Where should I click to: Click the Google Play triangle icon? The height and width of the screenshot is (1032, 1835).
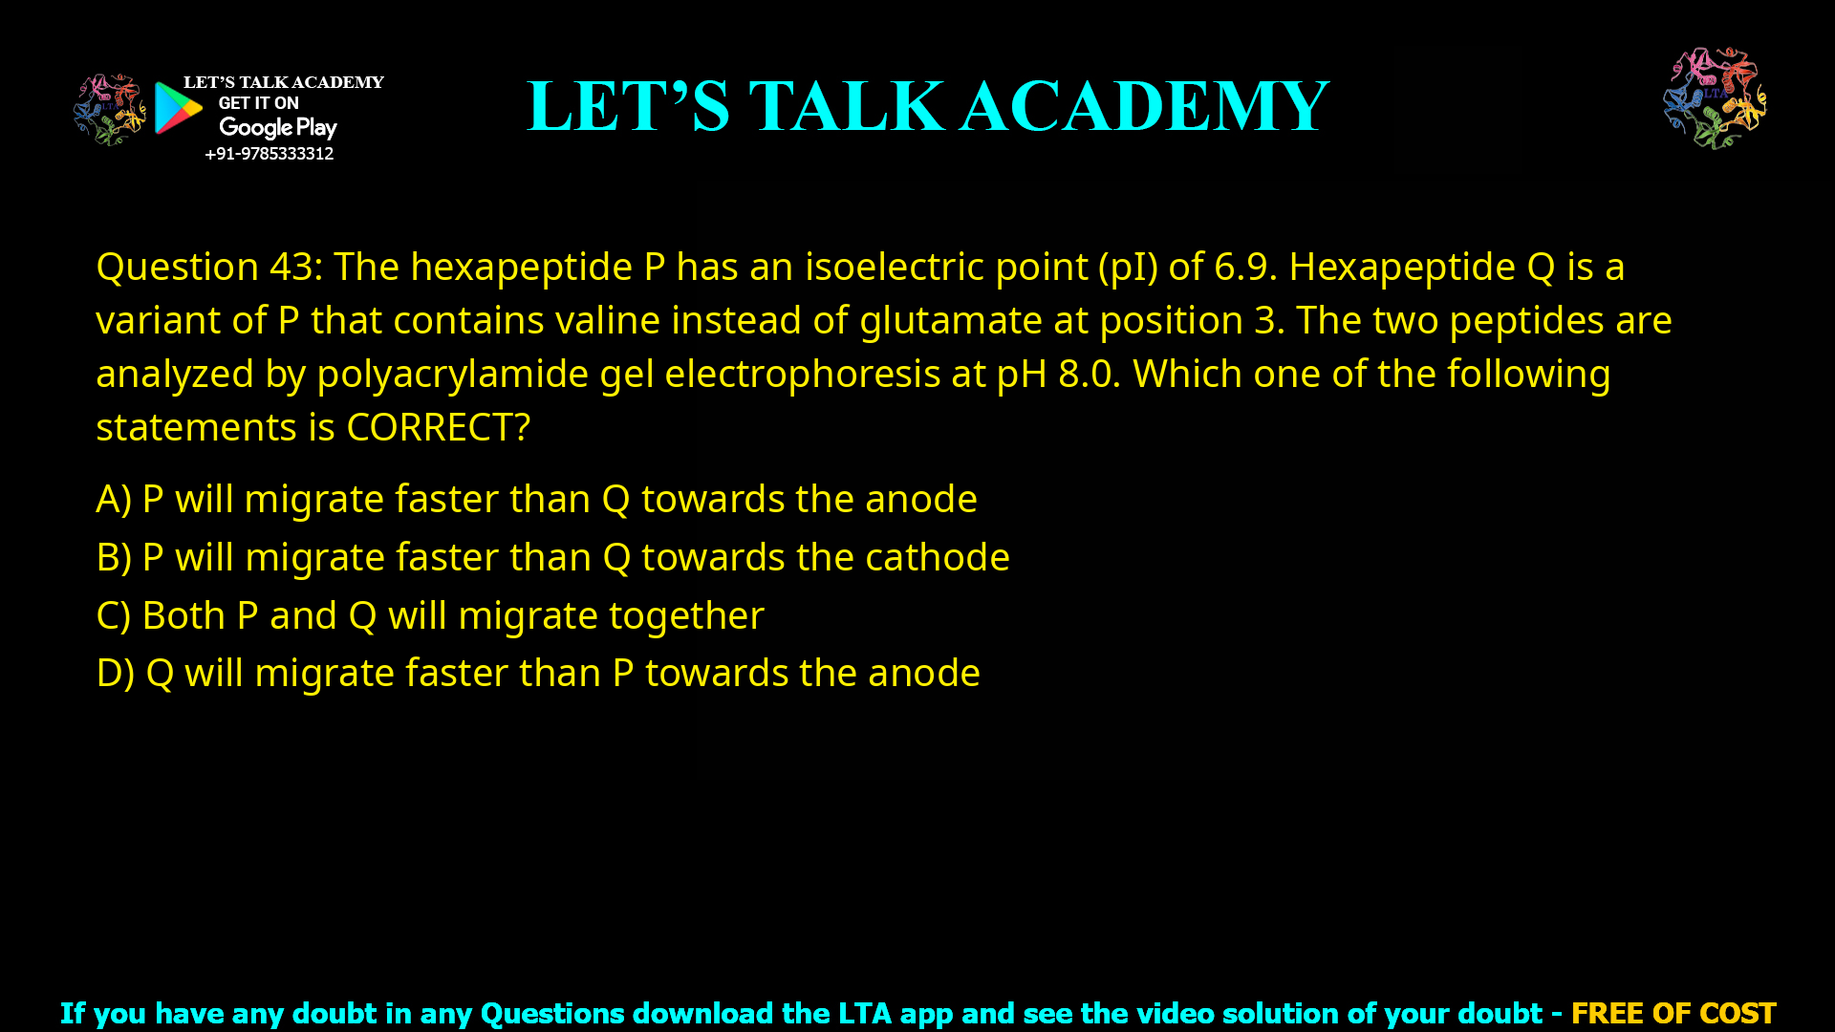tap(178, 108)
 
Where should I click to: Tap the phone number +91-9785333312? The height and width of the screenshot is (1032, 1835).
tap(269, 154)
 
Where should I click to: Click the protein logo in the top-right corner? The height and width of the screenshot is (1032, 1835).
tap(1715, 97)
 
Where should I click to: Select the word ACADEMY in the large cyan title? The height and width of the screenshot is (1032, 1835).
tap(1144, 106)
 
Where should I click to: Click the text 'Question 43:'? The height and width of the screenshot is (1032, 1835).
tap(209, 267)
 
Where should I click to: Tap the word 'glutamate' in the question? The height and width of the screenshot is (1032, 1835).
tap(950, 320)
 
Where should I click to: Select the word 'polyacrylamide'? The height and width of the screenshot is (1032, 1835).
tap(452, 374)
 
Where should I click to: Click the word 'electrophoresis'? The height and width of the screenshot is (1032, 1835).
tap(802, 374)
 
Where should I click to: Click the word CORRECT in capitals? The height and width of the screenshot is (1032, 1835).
tap(429, 427)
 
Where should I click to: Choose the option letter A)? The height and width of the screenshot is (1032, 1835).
tap(114, 499)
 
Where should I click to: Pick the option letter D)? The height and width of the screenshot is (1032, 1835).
tap(115, 673)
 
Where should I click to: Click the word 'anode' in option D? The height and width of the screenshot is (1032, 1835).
tap(923, 673)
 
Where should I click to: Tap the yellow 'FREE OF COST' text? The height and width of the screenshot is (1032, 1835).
tap(1673, 1013)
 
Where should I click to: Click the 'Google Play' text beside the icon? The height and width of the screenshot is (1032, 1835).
tap(277, 128)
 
